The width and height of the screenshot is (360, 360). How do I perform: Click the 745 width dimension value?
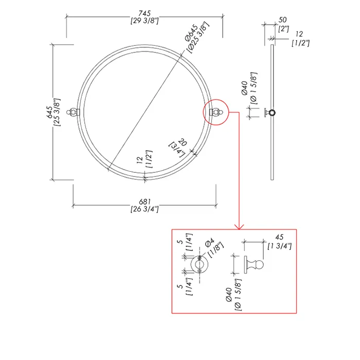[145, 13]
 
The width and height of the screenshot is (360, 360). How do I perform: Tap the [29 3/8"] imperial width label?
[145, 21]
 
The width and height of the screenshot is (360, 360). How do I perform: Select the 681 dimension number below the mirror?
[145, 202]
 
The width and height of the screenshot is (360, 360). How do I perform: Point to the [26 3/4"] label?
[145, 209]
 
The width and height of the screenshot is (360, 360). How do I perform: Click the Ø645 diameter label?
[191, 32]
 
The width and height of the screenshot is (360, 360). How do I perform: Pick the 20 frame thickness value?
[183, 142]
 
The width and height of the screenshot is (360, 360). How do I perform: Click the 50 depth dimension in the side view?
[282, 20]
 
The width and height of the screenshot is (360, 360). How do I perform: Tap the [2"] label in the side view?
[283, 29]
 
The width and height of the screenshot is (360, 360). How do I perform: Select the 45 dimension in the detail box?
[279, 237]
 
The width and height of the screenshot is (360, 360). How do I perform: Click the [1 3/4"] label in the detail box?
[279, 246]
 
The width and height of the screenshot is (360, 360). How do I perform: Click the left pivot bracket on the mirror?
[73, 112]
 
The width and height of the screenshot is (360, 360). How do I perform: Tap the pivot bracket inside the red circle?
[216, 112]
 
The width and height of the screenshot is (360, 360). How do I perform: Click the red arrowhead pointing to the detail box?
[239, 227]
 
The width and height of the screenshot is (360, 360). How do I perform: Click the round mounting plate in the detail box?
[200, 264]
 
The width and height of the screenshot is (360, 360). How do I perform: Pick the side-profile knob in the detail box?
[254, 264]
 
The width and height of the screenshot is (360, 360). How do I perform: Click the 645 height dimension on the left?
[49, 112]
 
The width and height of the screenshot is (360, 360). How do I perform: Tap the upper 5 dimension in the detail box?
[181, 242]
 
